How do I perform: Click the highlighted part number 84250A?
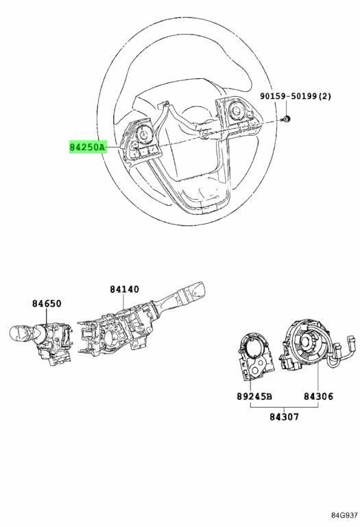coord(87,148)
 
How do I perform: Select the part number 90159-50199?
coord(289,96)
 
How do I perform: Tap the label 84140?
coord(124,289)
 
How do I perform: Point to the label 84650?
coord(47,303)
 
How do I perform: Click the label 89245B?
coord(254,396)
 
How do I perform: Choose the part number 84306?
coord(318,396)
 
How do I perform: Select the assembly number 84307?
coord(284,417)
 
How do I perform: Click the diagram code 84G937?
coord(344,515)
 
